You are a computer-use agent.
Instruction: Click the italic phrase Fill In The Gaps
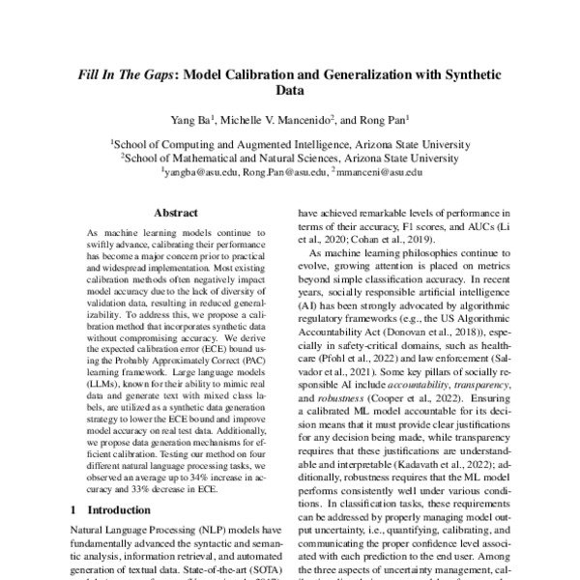133,74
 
